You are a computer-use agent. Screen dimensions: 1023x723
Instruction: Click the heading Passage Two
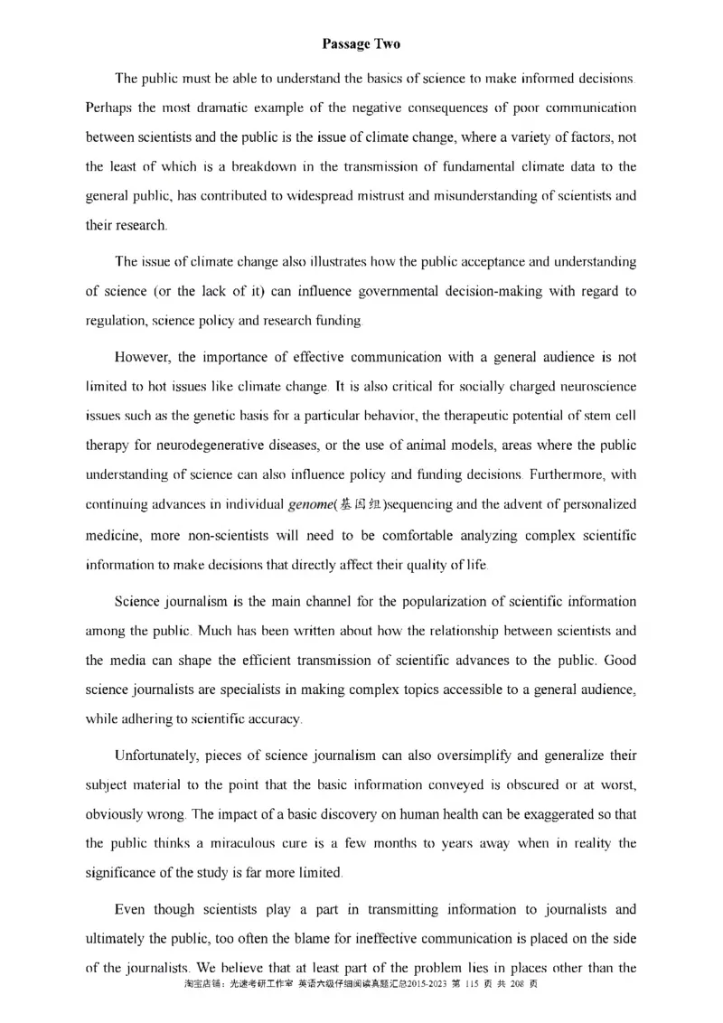point(361,43)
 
